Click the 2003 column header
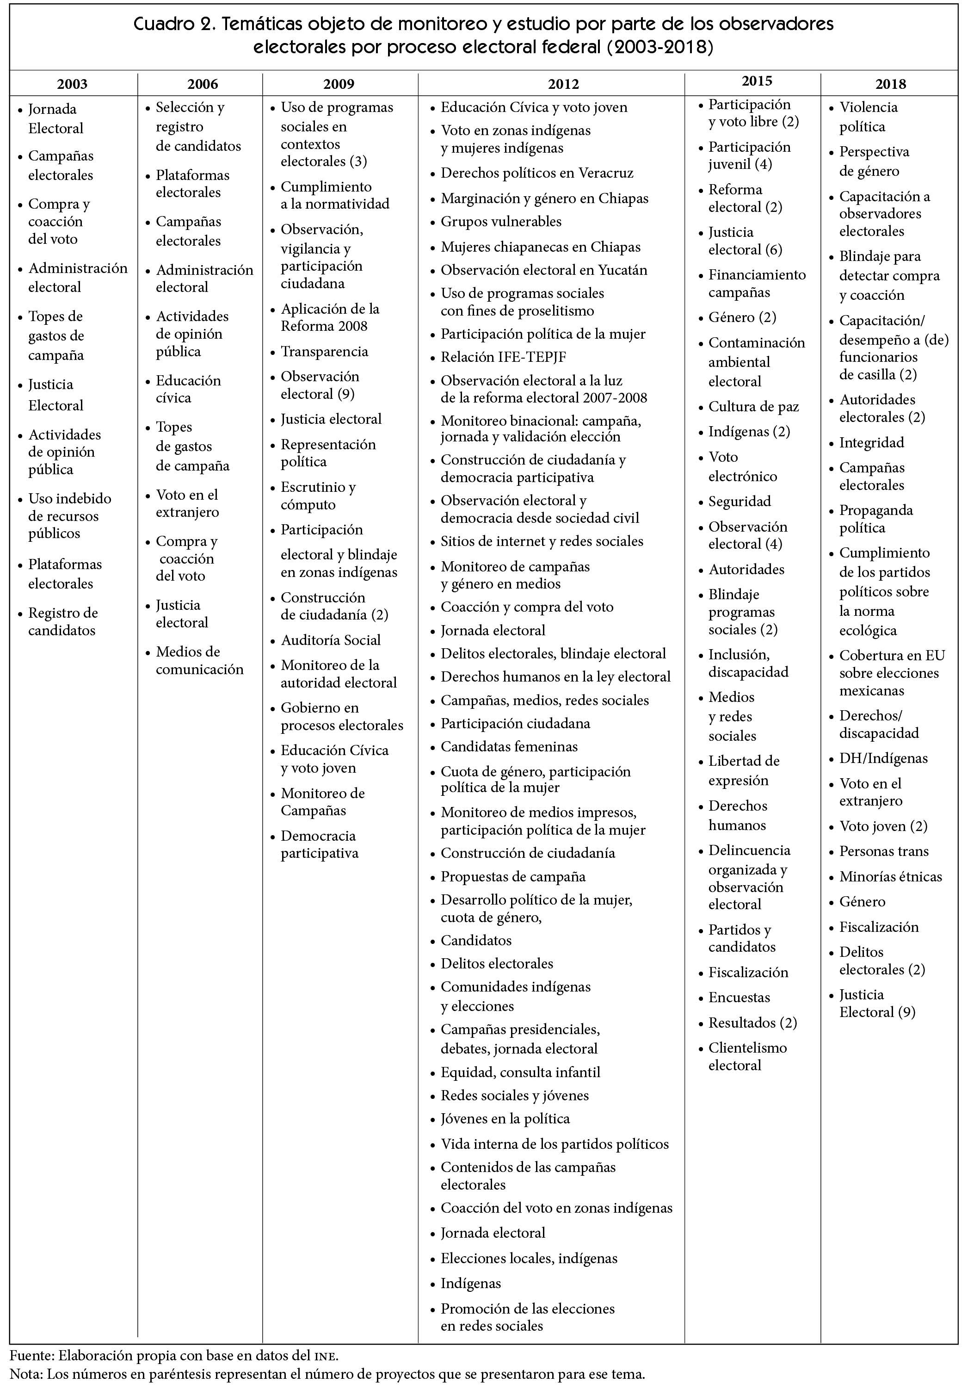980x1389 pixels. pyautogui.click(x=72, y=84)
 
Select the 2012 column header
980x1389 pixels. pyautogui.click(x=563, y=84)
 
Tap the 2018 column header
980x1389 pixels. pyautogui.click(x=890, y=84)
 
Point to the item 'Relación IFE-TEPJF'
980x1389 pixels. pyautogui.click(x=503, y=358)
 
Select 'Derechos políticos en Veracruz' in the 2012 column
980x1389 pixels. pyautogui.click(x=537, y=173)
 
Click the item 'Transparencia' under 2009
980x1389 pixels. pyautogui.click(x=324, y=352)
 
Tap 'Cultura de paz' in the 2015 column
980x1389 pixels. pyautogui.click(x=753, y=407)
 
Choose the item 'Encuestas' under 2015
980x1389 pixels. pyautogui.click(x=740, y=997)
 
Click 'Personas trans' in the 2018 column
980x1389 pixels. pyautogui.click(x=883, y=851)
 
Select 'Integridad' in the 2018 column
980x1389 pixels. pyautogui.click(x=871, y=443)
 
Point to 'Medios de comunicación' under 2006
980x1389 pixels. pyautogui.click(x=199, y=661)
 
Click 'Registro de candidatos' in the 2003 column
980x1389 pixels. pyautogui.click(x=62, y=621)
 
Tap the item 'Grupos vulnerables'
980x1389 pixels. pyautogui.click(x=500, y=222)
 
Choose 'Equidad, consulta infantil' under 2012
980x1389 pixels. pyautogui.click(x=520, y=1072)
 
